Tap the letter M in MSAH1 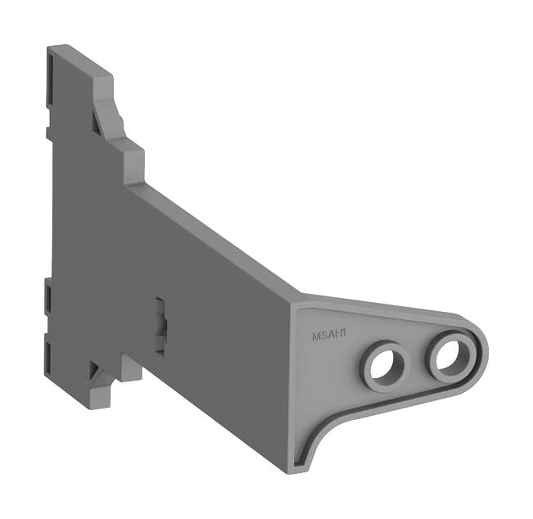click(316, 334)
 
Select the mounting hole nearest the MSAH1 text click(382, 363)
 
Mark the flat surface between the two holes click(416, 361)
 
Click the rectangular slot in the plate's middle click(161, 324)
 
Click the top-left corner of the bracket click(51, 49)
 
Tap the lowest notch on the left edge click(47, 352)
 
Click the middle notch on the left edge click(47, 291)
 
